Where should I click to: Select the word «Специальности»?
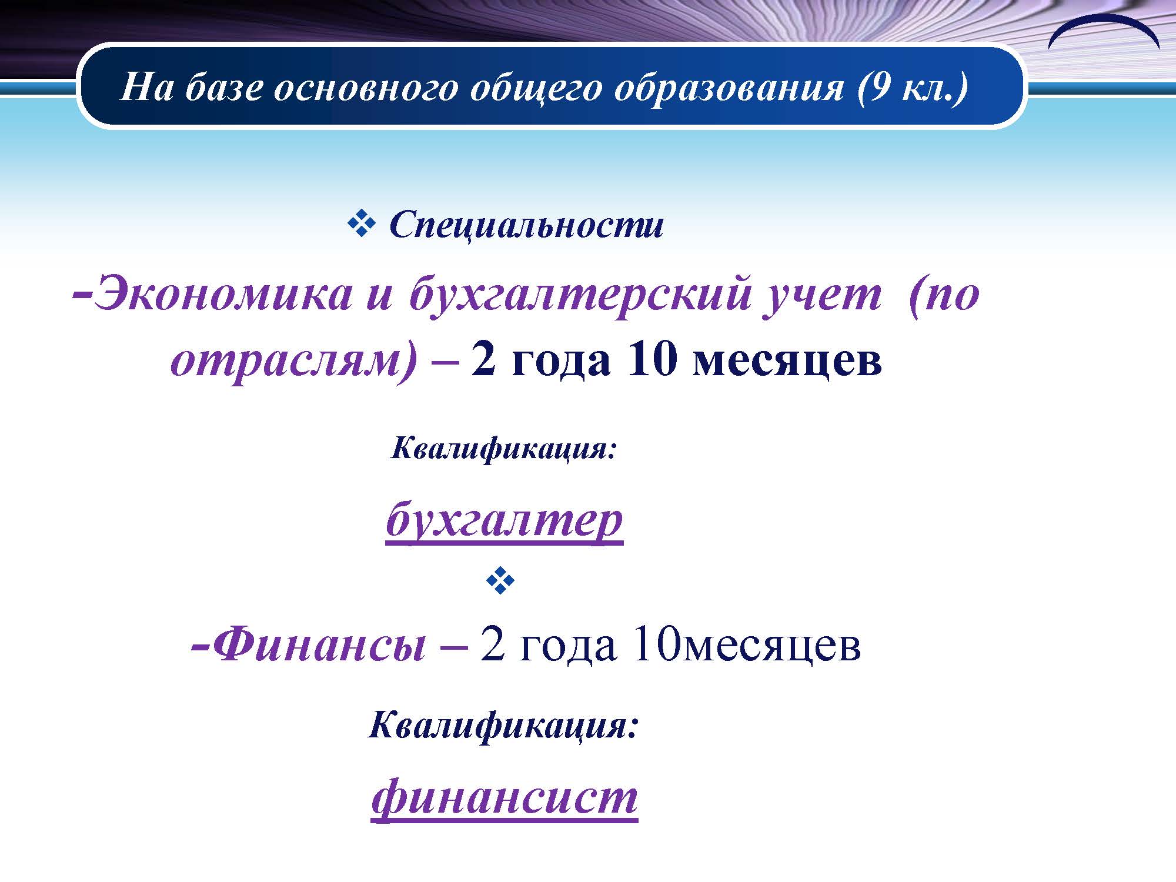pos(526,225)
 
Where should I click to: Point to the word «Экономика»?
pos(223,293)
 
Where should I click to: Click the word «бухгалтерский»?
pos(580,295)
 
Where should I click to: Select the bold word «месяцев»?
pos(788,362)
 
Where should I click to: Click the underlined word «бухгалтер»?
pos(505,520)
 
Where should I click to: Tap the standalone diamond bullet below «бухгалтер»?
pos(500,581)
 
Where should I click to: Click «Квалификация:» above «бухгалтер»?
pos(503,449)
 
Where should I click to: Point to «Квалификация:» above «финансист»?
pos(503,726)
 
